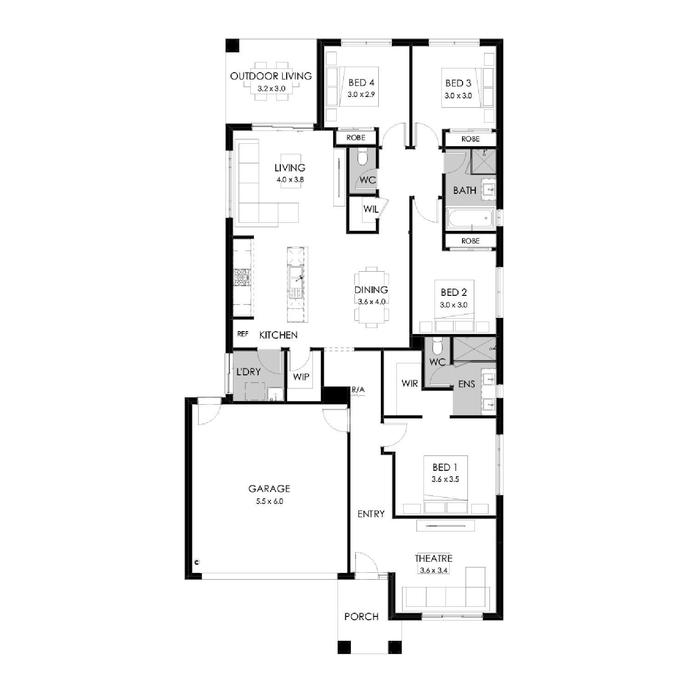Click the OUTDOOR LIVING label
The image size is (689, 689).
(271, 76)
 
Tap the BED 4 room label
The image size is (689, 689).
(361, 83)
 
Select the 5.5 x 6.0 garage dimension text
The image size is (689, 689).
(270, 501)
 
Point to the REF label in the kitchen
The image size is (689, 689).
(243, 334)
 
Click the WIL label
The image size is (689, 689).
(371, 209)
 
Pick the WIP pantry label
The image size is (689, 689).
(301, 377)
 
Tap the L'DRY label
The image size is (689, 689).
(248, 372)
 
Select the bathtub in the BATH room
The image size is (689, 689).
(471, 218)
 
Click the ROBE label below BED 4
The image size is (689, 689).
(356, 137)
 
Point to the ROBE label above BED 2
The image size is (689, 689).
(470, 241)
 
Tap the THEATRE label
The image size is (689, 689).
(434, 559)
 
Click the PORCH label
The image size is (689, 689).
(361, 616)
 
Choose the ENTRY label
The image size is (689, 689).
(371, 514)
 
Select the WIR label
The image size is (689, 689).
(409, 383)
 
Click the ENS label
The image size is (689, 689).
(466, 384)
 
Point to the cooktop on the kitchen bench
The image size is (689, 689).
(242, 277)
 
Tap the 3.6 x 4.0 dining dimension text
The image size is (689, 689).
(372, 302)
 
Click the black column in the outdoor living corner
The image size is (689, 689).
(233, 45)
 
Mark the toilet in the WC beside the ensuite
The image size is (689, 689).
(437, 346)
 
